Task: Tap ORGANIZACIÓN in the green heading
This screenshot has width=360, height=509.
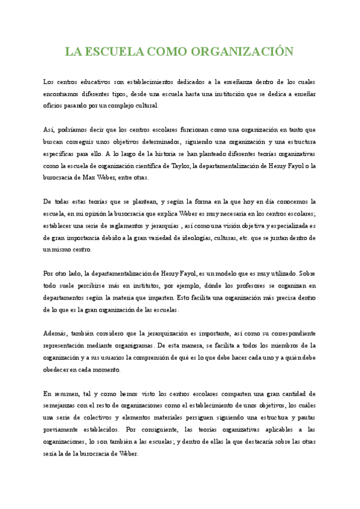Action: pos(242,52)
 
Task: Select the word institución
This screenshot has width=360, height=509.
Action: pos(242,93)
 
